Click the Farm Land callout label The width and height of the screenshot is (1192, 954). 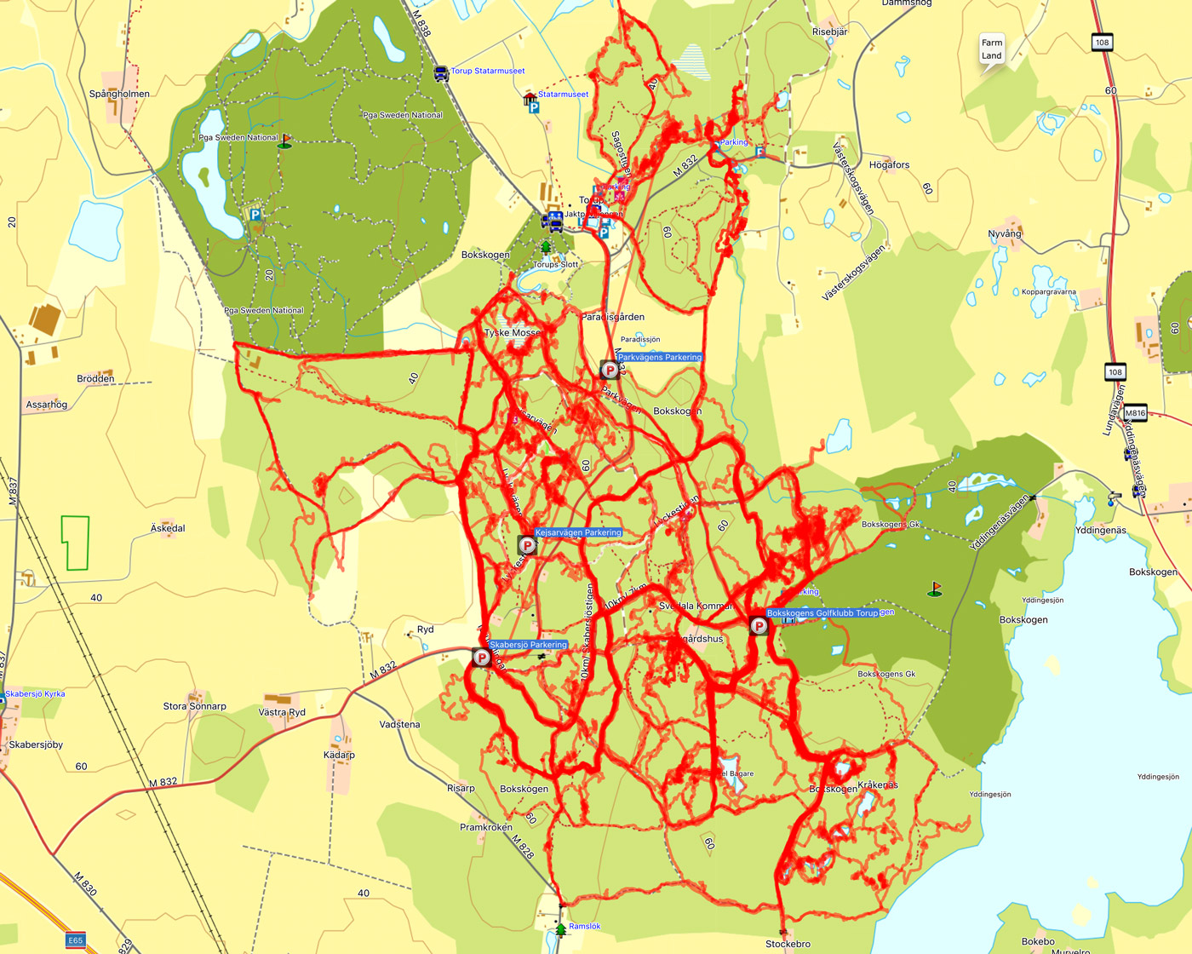click(992, 49)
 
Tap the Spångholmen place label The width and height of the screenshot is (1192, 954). click(119, 94)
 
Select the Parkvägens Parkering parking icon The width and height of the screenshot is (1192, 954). click(610, 370)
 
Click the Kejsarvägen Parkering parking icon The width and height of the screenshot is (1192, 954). click(527, 545)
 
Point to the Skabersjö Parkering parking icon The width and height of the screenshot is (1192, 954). click(481, 657)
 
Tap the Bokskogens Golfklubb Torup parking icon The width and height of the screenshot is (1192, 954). click(758, 626)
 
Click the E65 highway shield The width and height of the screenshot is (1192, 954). click(76, 940)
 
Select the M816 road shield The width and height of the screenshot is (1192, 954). click(1135, 413)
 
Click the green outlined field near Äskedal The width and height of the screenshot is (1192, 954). click(75, 543)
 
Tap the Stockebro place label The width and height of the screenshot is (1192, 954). click(788, 944)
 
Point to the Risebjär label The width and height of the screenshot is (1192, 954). click(829, 32)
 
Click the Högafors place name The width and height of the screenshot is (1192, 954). click(889, 165)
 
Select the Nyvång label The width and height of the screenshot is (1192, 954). click(1005, 233)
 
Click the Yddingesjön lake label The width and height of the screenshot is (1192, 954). click(1158, 777)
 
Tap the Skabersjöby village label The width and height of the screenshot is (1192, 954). click(36, 744)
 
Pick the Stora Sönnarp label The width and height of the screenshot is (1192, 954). click(195, 706)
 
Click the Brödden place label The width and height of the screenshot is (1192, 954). click(95, 379)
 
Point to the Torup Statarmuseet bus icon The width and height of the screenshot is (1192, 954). click(441, 73)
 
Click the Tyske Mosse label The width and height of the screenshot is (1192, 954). click(513, 332)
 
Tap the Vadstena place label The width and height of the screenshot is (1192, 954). click(399, 725)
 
